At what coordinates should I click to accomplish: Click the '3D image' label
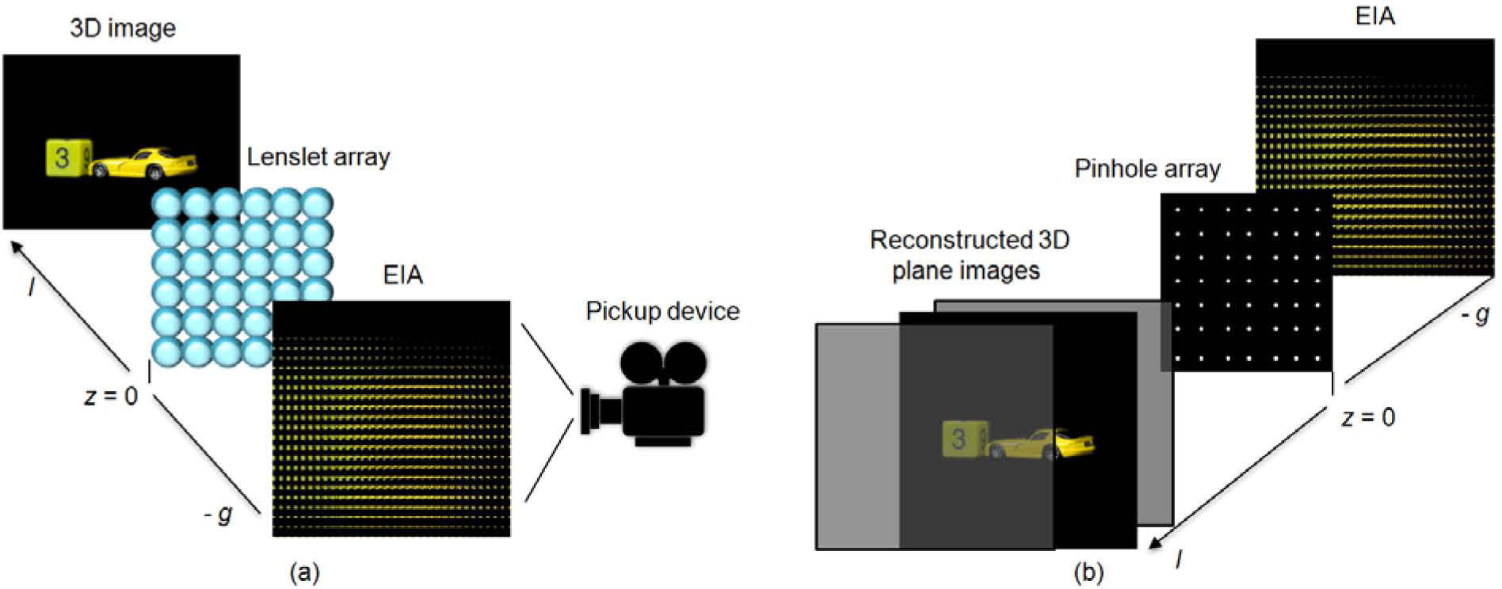click(x=123, y=28)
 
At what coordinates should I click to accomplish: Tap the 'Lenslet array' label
click(x=318, y=157)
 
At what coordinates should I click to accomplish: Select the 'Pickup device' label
click(x=662, y=310)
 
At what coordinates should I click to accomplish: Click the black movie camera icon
click(x=646, y=396)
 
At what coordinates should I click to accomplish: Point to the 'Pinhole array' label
click(x=1147, y=169)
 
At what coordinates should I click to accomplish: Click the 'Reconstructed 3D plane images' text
click(x=969, y=255)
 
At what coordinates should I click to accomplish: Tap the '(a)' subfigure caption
click(x=305, y=572)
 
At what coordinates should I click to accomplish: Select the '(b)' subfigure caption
click(x=1087, y=572)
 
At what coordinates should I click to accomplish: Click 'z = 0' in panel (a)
click(x=111, y=395)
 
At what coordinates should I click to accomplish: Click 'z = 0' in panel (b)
click(x=1368, y=417)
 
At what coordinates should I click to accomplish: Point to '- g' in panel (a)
click(x=219, y=515)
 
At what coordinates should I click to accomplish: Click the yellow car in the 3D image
click(x=145, y=162)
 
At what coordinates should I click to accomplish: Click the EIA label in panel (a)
click(x=402, y=275)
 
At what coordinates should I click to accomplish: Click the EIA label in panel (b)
click(x=1374, y=17)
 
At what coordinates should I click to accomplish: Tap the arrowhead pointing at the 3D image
click(x=17, y=247)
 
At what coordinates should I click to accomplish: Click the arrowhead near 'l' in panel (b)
click(x=1157, y=541)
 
